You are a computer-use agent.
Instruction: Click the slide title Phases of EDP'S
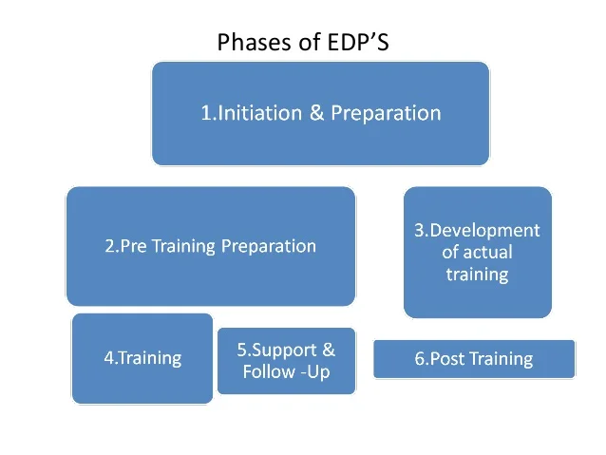tap(302, 43)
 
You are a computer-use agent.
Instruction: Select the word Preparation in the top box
tap(386, 113)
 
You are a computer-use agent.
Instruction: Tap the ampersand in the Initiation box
tap(318, 113)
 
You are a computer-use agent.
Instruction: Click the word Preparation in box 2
tap(268, 246)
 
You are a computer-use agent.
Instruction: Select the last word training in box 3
tap(477, 275)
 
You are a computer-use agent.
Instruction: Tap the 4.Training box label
tap(142, 358)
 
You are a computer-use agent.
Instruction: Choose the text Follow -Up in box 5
tap(286, 371)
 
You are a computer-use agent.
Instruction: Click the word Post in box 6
tap(445, 359)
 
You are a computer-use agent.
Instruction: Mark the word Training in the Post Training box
tap(499, 359)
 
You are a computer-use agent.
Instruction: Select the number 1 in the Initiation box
tap(206, 113)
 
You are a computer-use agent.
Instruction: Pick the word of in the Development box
tap(451, 253)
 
